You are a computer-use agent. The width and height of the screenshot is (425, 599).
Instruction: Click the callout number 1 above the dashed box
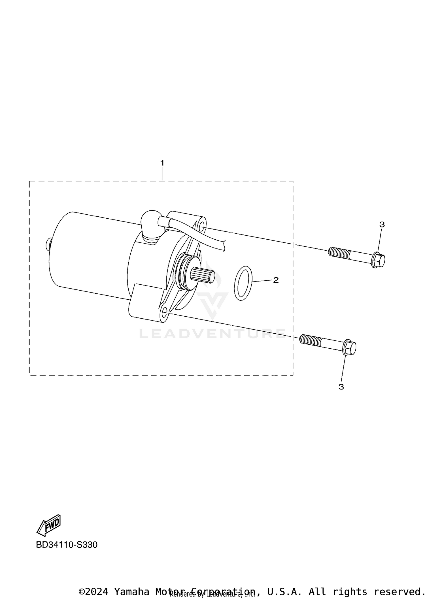point(162,163)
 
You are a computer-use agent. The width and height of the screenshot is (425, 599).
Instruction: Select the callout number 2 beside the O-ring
point(276,280)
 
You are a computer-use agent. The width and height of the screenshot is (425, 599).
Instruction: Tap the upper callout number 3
point(382,225)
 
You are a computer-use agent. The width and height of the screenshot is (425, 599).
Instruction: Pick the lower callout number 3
point(341,387)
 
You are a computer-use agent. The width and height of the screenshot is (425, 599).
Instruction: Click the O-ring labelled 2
point(243,283)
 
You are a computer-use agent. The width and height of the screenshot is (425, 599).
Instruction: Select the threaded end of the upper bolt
point(339,252)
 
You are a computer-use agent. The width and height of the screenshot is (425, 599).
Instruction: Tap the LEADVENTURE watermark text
point(212,334)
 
